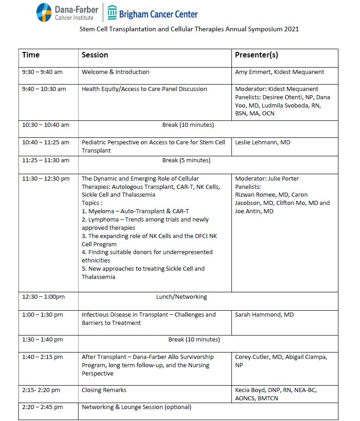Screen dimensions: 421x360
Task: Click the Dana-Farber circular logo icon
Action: point(44,12)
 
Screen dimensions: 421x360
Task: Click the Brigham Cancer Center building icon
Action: point(112,13)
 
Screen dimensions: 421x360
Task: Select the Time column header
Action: point(31,55)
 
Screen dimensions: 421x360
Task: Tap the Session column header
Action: point(95,55)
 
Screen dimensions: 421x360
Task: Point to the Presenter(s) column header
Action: point(256,55)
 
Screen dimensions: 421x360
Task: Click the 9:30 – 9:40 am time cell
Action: point(42,72)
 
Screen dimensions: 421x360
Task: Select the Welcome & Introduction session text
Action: point(115,72)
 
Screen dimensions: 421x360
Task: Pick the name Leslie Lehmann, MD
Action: point(263,142)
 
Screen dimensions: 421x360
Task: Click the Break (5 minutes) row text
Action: point(186,160)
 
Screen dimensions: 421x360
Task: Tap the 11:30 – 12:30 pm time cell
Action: point(46,179)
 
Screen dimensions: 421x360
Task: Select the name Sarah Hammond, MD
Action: point(264,315)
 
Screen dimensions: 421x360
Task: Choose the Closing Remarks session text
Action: point(104,390)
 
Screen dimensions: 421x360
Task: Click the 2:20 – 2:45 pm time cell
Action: point(43,407)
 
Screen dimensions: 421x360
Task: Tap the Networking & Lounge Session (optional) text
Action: point(136,407)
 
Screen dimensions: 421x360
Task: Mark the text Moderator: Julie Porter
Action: point(267,179)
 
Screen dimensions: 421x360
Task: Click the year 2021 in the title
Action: point(290,29)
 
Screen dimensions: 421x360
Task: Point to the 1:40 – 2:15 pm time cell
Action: point(43,357)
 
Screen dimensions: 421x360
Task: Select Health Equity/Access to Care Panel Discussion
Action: point(144,89)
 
